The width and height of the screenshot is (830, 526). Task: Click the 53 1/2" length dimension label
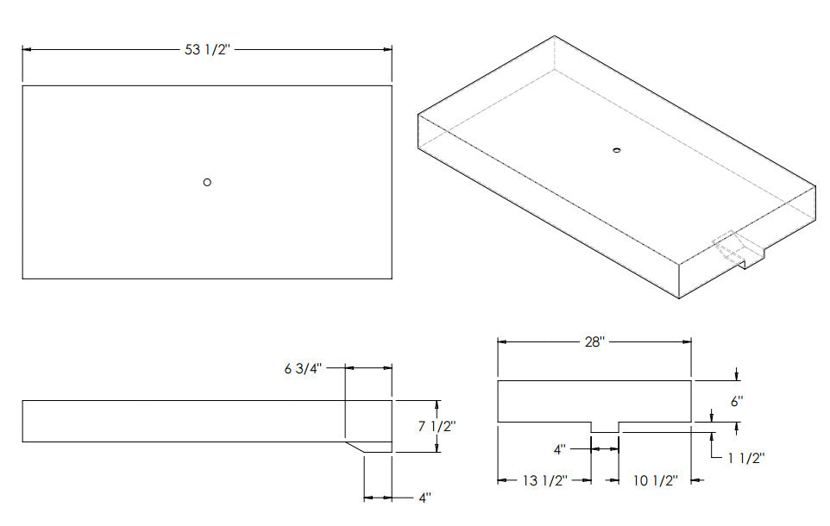(207, 50)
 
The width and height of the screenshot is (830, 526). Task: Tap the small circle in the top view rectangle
(207, 182)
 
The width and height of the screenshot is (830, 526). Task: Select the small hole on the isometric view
(616, 151)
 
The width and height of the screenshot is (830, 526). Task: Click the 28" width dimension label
(594, 342)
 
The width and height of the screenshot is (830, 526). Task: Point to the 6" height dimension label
(737, 402)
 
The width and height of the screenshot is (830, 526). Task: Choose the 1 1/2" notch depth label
(745, 458)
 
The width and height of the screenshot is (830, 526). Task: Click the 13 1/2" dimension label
(544, 480)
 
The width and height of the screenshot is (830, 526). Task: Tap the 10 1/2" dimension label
(656, 480)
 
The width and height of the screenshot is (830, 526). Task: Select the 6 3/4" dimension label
(303, 368)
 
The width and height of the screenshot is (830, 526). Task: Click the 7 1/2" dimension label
(437, 426)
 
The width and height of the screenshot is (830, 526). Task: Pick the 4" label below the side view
(424, 498)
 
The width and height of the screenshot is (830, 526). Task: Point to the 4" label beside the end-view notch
(559, 449)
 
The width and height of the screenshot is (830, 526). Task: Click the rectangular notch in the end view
(605, 427)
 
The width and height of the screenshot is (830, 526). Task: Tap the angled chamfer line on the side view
(355, 448)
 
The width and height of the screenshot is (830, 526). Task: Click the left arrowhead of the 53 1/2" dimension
(27, 49)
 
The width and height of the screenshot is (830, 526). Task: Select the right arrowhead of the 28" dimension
(687, 342)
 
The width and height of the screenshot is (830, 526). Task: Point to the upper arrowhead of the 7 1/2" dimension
(437, 405)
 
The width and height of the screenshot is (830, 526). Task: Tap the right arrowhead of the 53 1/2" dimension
(387, 49)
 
